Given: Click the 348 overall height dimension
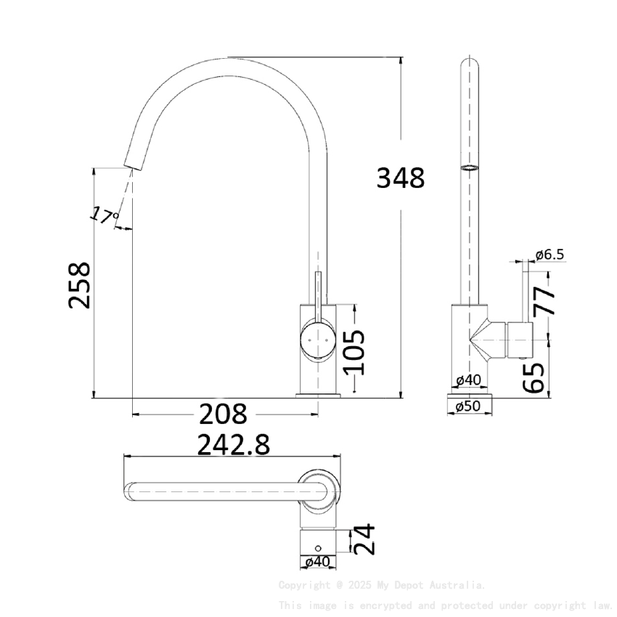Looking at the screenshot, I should coord(400,177).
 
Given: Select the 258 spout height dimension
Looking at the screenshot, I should coord(80,285).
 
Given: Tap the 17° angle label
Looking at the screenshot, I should coord(104,215).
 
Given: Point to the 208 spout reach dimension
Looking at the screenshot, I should coord(223,414).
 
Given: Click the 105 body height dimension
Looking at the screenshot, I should coord(354,351).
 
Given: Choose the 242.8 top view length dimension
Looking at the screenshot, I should coord(234,444).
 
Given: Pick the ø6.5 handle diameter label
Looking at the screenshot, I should coord(549,254).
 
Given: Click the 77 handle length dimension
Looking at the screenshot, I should coord(544,300).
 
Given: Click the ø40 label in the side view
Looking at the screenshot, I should coord(468,380).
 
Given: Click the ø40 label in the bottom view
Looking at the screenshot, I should coord(318,561).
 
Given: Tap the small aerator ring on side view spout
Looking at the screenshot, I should coord(470,168).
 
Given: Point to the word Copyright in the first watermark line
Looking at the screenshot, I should coord(302,585).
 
